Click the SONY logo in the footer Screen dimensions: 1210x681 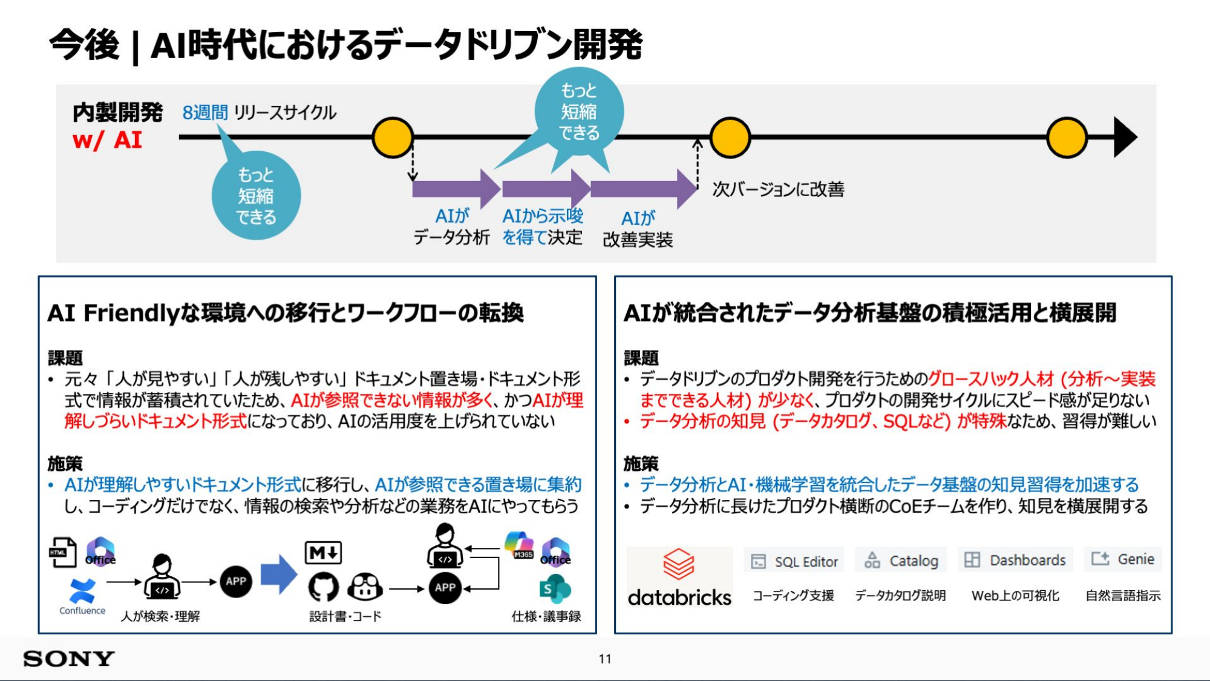(x=69, y=659)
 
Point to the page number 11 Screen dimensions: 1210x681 (x=605, y=659)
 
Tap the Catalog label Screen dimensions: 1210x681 (x=901, y=561)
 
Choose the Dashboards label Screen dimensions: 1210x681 (x=1016, y=560)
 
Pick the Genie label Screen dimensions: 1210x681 (x=1123, y=559)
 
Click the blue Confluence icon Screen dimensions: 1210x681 (x=82, y=591)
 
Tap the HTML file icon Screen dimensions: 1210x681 (x=62, y=552)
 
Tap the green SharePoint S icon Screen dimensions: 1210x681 (x=555, y=589)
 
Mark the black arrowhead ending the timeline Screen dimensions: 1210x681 (x=1125, y=137)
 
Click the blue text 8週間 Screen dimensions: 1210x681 (x=205, y=113)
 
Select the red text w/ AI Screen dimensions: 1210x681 (x=107, y=140)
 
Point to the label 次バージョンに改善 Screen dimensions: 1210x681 (x=778, y=189)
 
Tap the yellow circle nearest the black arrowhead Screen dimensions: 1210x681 (x=1067, y=138)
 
